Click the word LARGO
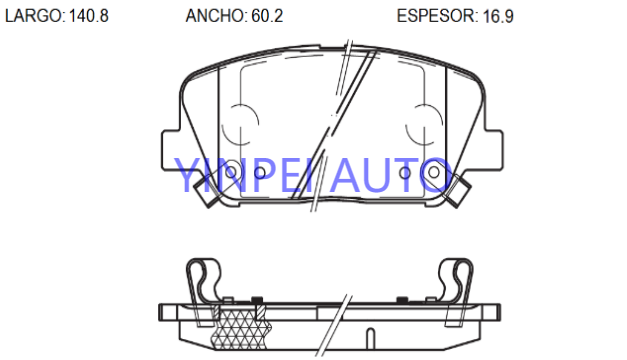[33, 16]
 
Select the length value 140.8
[89, 16]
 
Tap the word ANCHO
[214, 16]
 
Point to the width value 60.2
[267, 16]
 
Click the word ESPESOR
[436, 16]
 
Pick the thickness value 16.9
[498, 16]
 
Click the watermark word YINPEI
[243, 175]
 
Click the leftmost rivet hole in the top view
[231, 173]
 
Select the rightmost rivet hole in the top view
[434, 173]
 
